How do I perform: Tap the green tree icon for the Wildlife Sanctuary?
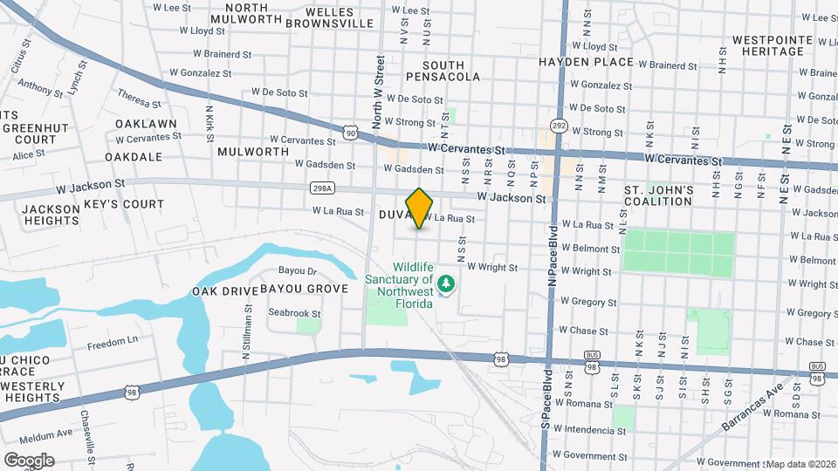pos(447,283)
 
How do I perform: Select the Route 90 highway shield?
pos(350,133)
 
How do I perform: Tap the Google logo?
pos(29,460)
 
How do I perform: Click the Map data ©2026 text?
pos(800,463)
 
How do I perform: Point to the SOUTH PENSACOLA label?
pos(450,71)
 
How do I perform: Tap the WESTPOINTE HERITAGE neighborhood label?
pos(767,45)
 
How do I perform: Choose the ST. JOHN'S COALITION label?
pos(659,195)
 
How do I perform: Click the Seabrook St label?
pos(294,313)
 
